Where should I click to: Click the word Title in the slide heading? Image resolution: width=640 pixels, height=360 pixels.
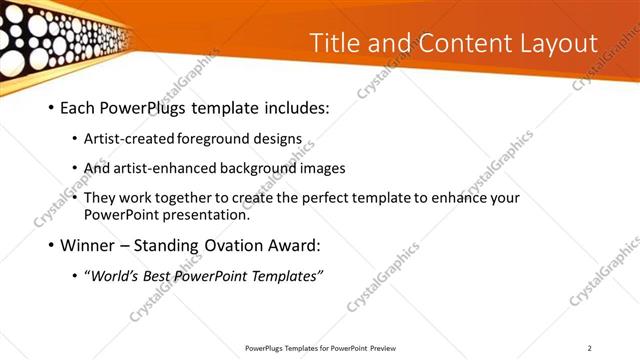coord(335,43)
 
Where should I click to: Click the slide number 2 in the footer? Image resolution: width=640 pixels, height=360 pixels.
coord(590,347)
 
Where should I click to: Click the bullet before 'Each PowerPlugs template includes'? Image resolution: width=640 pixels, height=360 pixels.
coord(50,108)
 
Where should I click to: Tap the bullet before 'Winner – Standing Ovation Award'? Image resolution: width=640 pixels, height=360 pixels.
coord(50,245)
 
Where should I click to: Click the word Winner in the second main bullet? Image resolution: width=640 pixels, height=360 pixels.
coord(87,245)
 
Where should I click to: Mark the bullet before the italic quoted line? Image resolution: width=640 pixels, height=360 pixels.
coord(78,276)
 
